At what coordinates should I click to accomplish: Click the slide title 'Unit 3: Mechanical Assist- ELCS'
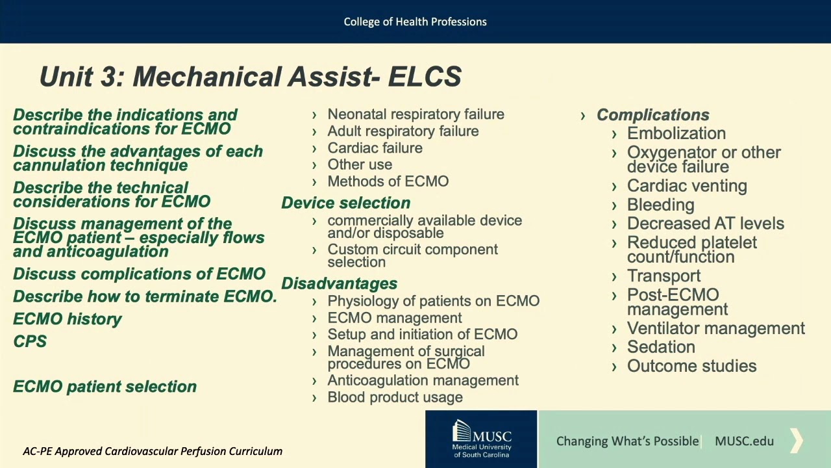(x=250, y=77)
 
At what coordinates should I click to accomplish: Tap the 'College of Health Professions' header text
(x=415, y=22)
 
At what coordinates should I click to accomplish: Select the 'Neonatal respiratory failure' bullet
(x=415, y=114)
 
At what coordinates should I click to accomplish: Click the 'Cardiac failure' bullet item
(x=375, y=148)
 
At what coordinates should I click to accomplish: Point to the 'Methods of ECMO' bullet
(x=388, y=182)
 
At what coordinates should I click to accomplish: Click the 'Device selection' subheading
(x=345, y=203)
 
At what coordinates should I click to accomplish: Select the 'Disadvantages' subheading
(x=339, y=283)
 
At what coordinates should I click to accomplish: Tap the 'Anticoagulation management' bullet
(x=423, y=381)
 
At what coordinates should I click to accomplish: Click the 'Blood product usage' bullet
(x=395, y=397)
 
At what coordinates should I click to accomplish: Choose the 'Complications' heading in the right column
(x=652, y=115)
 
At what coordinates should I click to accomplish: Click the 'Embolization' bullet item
(x=676, y=133)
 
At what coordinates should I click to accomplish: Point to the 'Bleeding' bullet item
(x=660, y=205)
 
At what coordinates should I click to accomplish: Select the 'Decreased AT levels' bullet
(x=705, y=224)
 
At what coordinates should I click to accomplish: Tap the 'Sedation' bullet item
(x=661, y=347)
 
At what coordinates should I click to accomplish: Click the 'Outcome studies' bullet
(x=691, y=366)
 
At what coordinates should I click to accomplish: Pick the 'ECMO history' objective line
(x=68, y=319)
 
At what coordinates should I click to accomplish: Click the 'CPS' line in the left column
(x=30, y=342)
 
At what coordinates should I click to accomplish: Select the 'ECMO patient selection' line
(x=105, y=387)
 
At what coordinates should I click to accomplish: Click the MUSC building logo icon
(x=462, y=432)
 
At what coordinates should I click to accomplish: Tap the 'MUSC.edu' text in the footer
(x=744, y=441)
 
